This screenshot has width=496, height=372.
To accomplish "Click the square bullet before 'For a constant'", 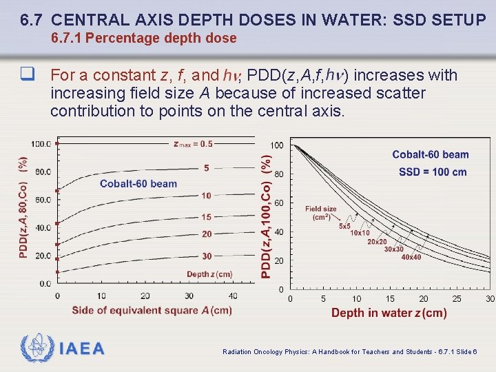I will (28, 75).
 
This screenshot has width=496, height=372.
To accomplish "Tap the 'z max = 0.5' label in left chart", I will (193, 144).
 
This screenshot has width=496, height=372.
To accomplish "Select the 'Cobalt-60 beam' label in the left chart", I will (138, 183).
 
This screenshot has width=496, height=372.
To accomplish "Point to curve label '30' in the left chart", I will (207, 256).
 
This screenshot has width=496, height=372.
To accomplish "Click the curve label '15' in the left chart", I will (207, 217).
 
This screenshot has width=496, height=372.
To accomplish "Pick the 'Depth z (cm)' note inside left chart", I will (209, 274).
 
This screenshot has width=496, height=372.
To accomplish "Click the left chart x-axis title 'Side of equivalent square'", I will (152, 311).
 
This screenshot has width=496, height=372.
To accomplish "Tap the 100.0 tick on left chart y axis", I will (41, 144).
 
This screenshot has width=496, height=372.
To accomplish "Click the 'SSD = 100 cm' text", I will (433, 172).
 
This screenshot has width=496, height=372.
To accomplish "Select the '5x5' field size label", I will (345, 225).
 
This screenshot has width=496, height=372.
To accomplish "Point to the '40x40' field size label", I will (411, 257).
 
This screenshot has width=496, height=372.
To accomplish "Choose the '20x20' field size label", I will (377, 241).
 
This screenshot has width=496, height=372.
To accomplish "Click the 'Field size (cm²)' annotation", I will (321, 213).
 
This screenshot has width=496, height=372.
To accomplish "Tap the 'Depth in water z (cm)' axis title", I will (389, 313).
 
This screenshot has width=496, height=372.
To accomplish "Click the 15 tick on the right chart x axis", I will (390, 298).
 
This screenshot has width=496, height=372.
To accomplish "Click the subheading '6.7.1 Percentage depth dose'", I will (144, 39).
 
